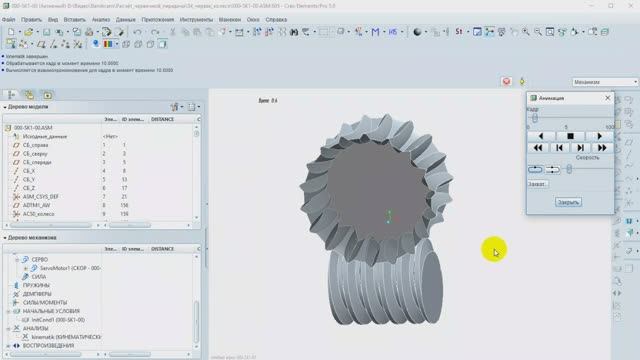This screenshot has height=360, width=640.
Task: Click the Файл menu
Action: click(10, 19)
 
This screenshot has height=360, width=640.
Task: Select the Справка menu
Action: click(275, 19)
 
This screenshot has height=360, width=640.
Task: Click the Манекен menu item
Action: click(230, 19)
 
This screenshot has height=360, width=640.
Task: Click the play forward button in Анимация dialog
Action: click(599, 136)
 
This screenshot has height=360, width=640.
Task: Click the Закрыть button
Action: click(568, 201)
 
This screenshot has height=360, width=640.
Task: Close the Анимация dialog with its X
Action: click(607, 98)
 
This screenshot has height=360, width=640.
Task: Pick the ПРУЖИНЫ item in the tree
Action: click(37, 285)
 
